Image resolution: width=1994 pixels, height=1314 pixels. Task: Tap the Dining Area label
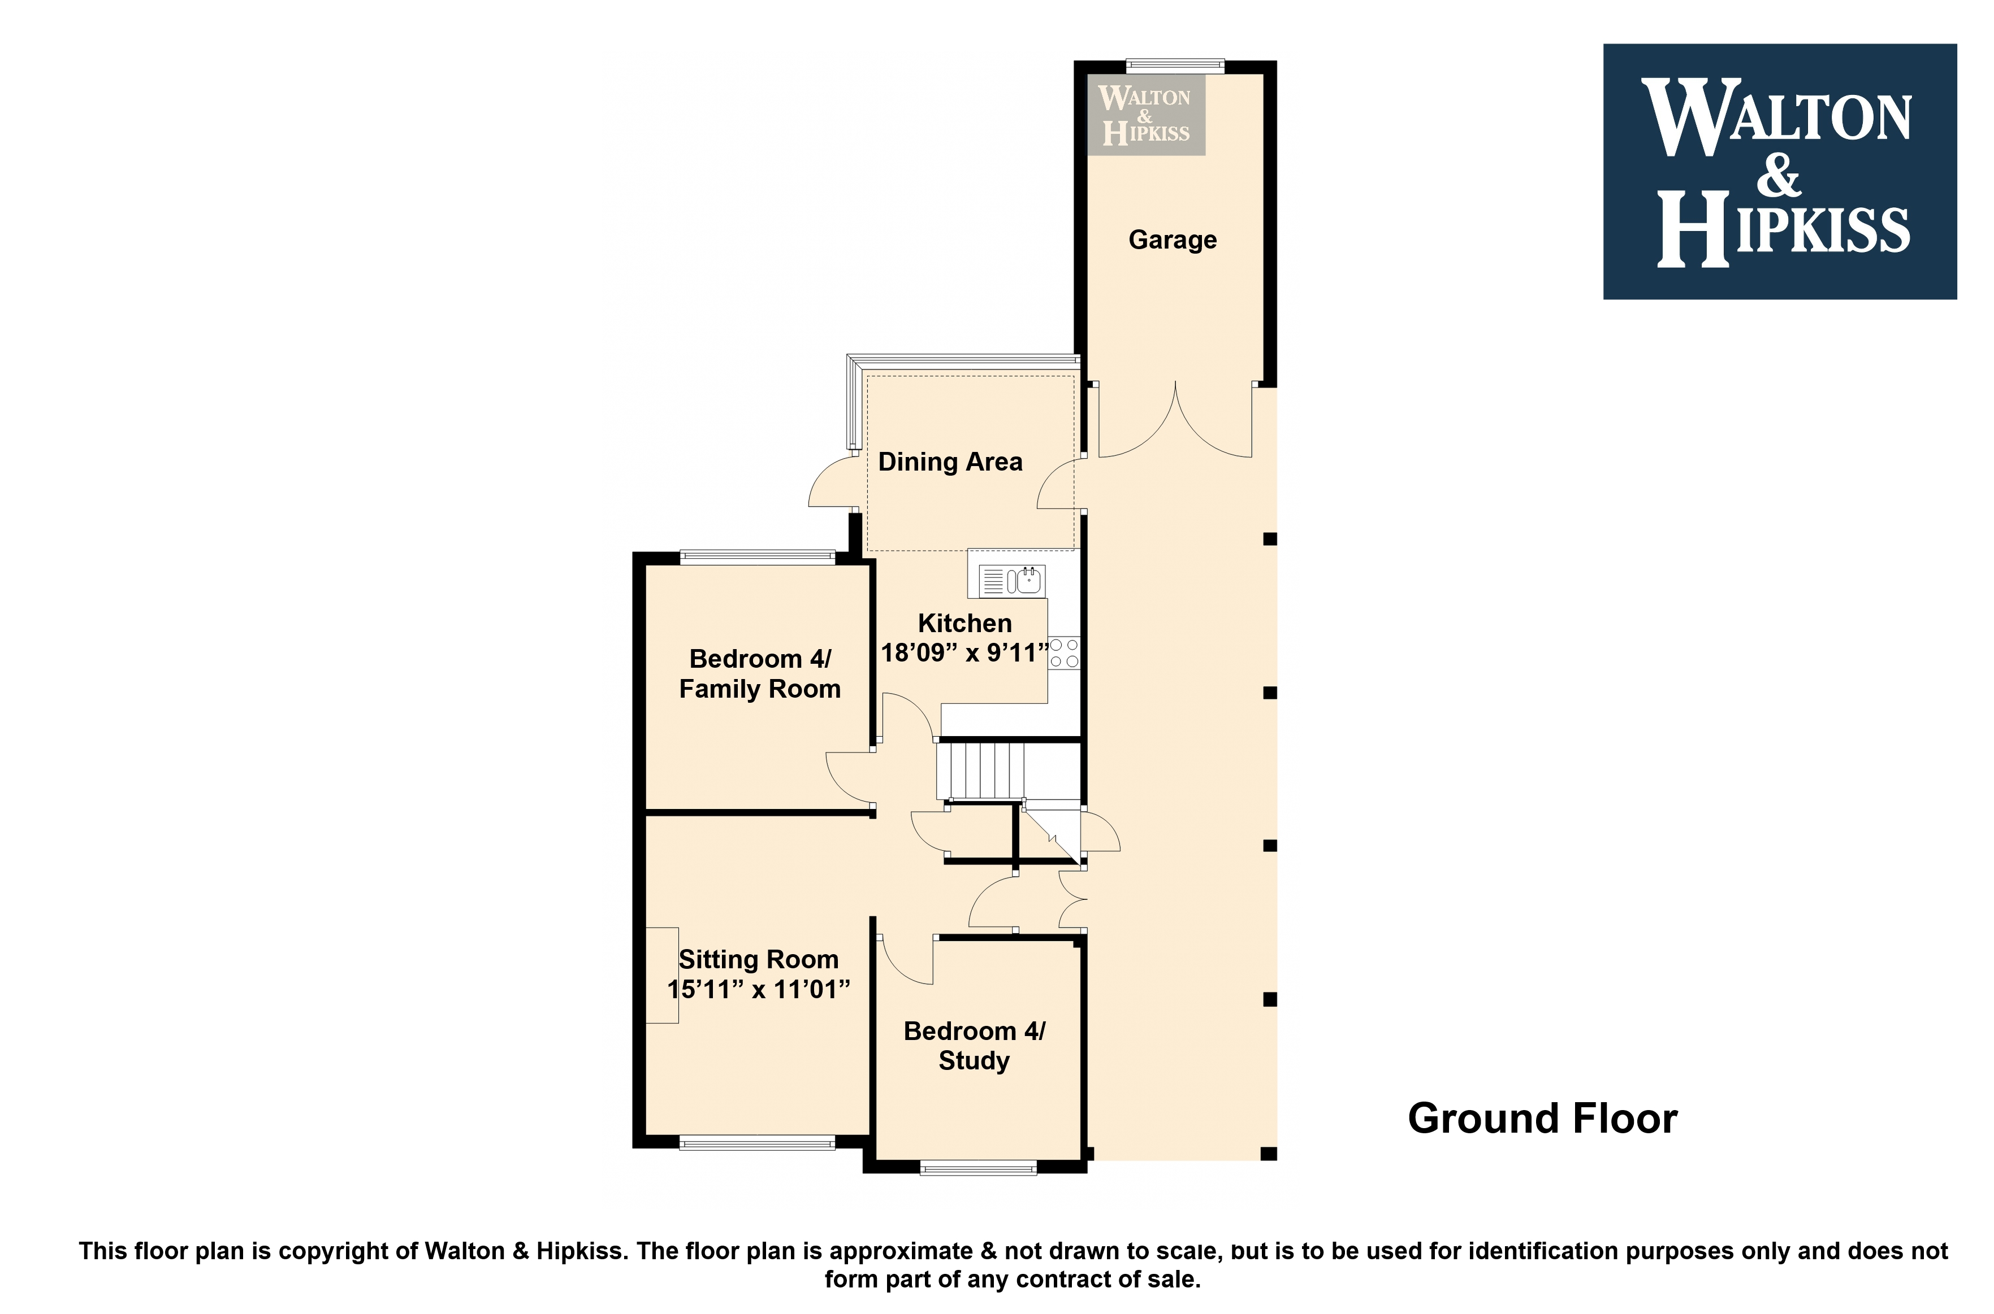(x=950, y=462)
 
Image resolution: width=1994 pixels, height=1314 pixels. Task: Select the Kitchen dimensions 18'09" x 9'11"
(x=964, y=653)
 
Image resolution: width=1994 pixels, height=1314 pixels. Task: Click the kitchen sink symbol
(x=1012, y=580)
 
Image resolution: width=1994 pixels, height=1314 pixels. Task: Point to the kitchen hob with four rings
(x=1064, y=653)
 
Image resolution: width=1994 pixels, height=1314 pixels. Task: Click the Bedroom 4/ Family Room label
(x=760, y=674)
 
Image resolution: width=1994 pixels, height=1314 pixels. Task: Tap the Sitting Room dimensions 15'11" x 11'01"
(x=759, y=990)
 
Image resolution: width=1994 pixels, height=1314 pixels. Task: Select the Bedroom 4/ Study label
(x=974, y=1046)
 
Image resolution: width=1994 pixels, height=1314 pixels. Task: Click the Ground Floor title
(x=1542, y=1118)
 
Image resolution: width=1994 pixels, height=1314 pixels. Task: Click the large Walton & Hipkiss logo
(x=1779, y=172)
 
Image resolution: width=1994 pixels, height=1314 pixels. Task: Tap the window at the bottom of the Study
(x=977, y=1167)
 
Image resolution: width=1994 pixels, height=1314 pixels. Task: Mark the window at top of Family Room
(x=757, y=556)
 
